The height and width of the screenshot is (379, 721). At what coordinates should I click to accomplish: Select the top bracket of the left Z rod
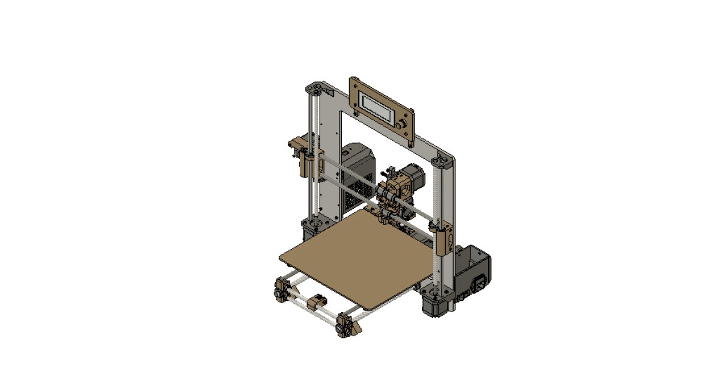pos(315,90)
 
